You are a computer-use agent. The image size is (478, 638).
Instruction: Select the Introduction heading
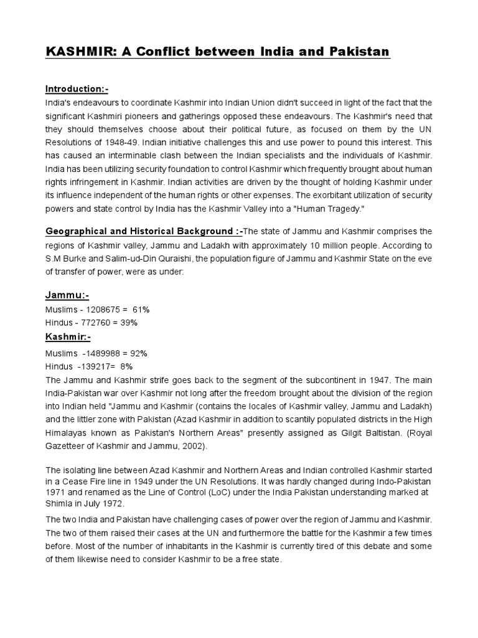pyautogui.click(x=77, y=90)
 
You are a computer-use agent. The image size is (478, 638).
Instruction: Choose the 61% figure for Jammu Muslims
pyautogui.click(x=141, y=309)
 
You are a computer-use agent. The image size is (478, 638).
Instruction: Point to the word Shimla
pyautogui.click(x=60, y=504)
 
